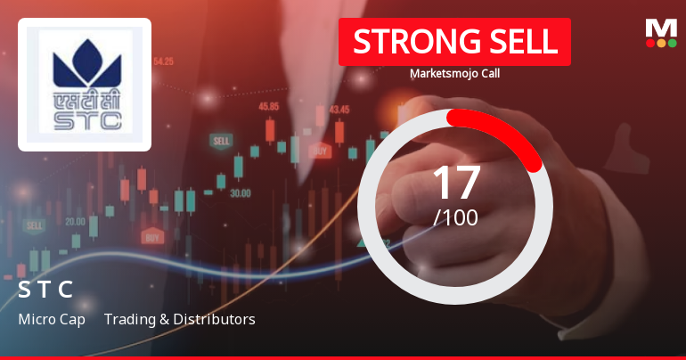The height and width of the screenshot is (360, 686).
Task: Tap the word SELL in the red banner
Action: click(x=522, y=42)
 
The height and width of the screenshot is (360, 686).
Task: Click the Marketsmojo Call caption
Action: click(x=454, y=74)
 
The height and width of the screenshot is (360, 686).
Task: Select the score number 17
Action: click(x=455, y=182)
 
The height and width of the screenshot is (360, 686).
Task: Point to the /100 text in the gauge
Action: click(x=455, y=217)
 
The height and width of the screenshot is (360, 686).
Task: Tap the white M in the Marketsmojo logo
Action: click(x=660, y=29)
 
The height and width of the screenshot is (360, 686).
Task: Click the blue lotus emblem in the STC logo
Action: click(x=85, y=63)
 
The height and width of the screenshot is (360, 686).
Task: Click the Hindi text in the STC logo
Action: click(x=85, y=97)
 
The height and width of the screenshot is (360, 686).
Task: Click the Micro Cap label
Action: click(x=52, y=319)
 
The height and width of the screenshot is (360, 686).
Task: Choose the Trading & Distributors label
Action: click(x=179, y=319)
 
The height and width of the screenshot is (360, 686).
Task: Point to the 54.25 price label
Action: click(x=163, y=61)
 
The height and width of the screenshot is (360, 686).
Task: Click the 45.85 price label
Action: click(x=269, y=106)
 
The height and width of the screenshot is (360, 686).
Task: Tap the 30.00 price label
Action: click(x=240, y=192)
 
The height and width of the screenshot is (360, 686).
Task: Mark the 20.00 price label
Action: click(x=75, y=221)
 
